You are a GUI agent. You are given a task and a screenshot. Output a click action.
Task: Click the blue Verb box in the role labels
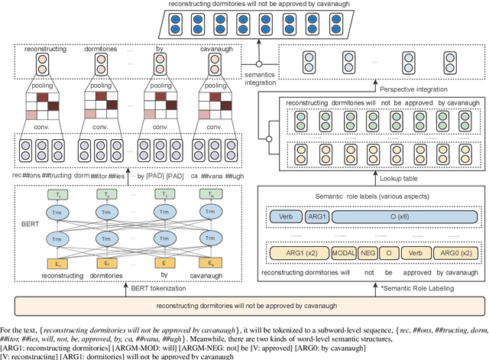pos(286,216)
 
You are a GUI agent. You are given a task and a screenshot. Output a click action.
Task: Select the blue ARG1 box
pos(316,216)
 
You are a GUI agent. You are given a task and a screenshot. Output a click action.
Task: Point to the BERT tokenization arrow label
pos(157,289)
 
